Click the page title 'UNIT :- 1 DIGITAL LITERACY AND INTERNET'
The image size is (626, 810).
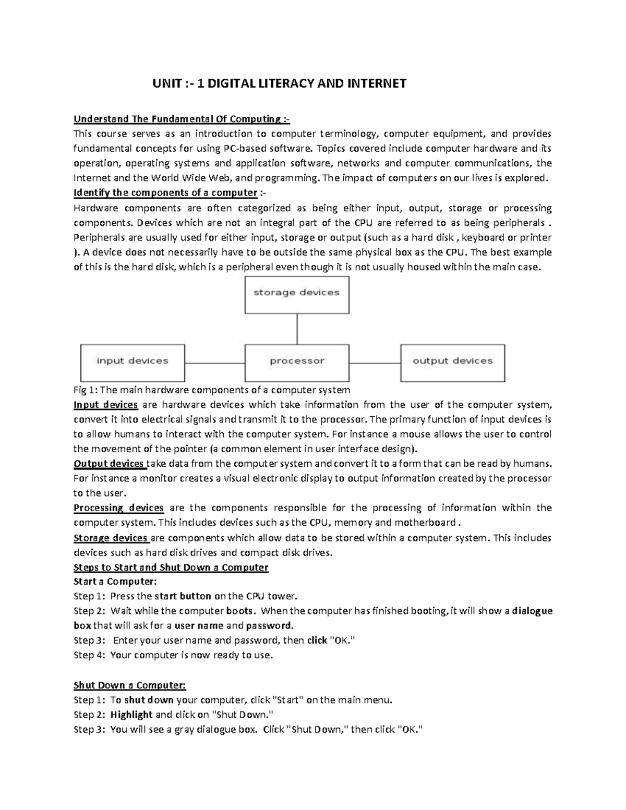click(279, 83)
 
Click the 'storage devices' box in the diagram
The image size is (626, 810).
click(297, 295)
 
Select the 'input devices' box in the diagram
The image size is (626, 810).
click(133, 362)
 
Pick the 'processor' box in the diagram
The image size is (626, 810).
click(297, 362)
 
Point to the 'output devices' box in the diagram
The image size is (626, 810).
click(452, 362)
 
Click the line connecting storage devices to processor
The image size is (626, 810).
click(297, 329)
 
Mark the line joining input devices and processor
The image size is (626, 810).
click(214, 363)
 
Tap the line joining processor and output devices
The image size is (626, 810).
click(375, 363)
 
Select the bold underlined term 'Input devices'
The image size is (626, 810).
click(106, 405)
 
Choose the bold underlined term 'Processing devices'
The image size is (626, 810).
click(118, 507)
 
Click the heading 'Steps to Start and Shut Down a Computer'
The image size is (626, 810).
click(171, 567)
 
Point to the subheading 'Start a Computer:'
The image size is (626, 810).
click(115, 582)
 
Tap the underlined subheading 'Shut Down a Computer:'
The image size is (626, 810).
click(129, 685)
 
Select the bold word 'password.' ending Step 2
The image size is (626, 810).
click(270, 625)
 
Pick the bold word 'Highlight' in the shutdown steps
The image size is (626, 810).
click(131, 715)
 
